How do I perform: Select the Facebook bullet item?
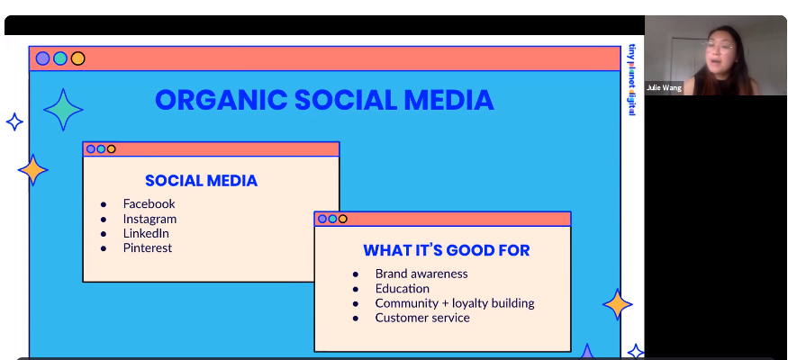pos(149,203)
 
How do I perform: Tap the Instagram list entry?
pos(149,219)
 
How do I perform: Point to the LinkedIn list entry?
pos(146,233)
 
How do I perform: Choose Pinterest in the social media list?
pos(148,248)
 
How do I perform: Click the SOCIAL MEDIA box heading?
pos(201,181)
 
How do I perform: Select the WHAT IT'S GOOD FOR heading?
pos(447,250)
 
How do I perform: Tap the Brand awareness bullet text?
pos(421,274)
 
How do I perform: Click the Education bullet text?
pos(402,289)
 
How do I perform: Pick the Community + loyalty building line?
pos(455,303)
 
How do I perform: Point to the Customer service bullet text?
pos(422,318)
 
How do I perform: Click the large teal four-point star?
pos(63,110)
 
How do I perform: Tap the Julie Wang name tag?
pos(664,88)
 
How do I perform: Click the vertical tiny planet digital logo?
pos(631,80)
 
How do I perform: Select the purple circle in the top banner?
pos(42,58)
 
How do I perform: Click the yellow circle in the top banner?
pos(77,58)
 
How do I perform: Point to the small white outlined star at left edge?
pos(14,122)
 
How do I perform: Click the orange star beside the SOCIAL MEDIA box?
pos(33,170)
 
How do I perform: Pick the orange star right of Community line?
pos(617,304)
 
